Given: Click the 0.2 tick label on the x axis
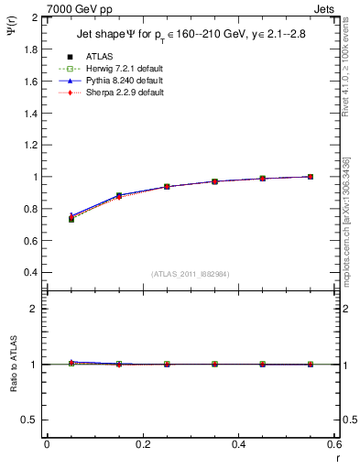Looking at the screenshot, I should [x=142, y=445].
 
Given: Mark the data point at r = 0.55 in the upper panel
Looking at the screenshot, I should [x=311, y=177].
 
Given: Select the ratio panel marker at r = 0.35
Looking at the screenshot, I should [x=214, y=364].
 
